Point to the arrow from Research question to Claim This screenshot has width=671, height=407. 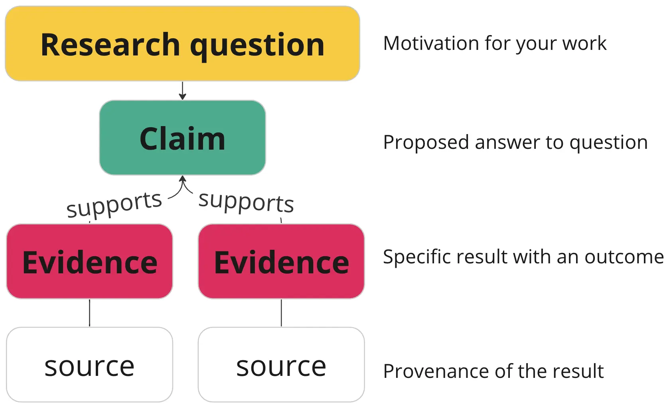(182, 90)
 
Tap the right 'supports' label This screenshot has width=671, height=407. (246, 202)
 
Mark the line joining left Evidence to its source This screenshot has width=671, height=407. (89, 313)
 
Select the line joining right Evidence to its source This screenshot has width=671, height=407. (281, 313)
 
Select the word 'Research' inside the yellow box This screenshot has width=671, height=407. (111, 45)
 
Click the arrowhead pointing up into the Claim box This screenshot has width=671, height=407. (183, 179)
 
